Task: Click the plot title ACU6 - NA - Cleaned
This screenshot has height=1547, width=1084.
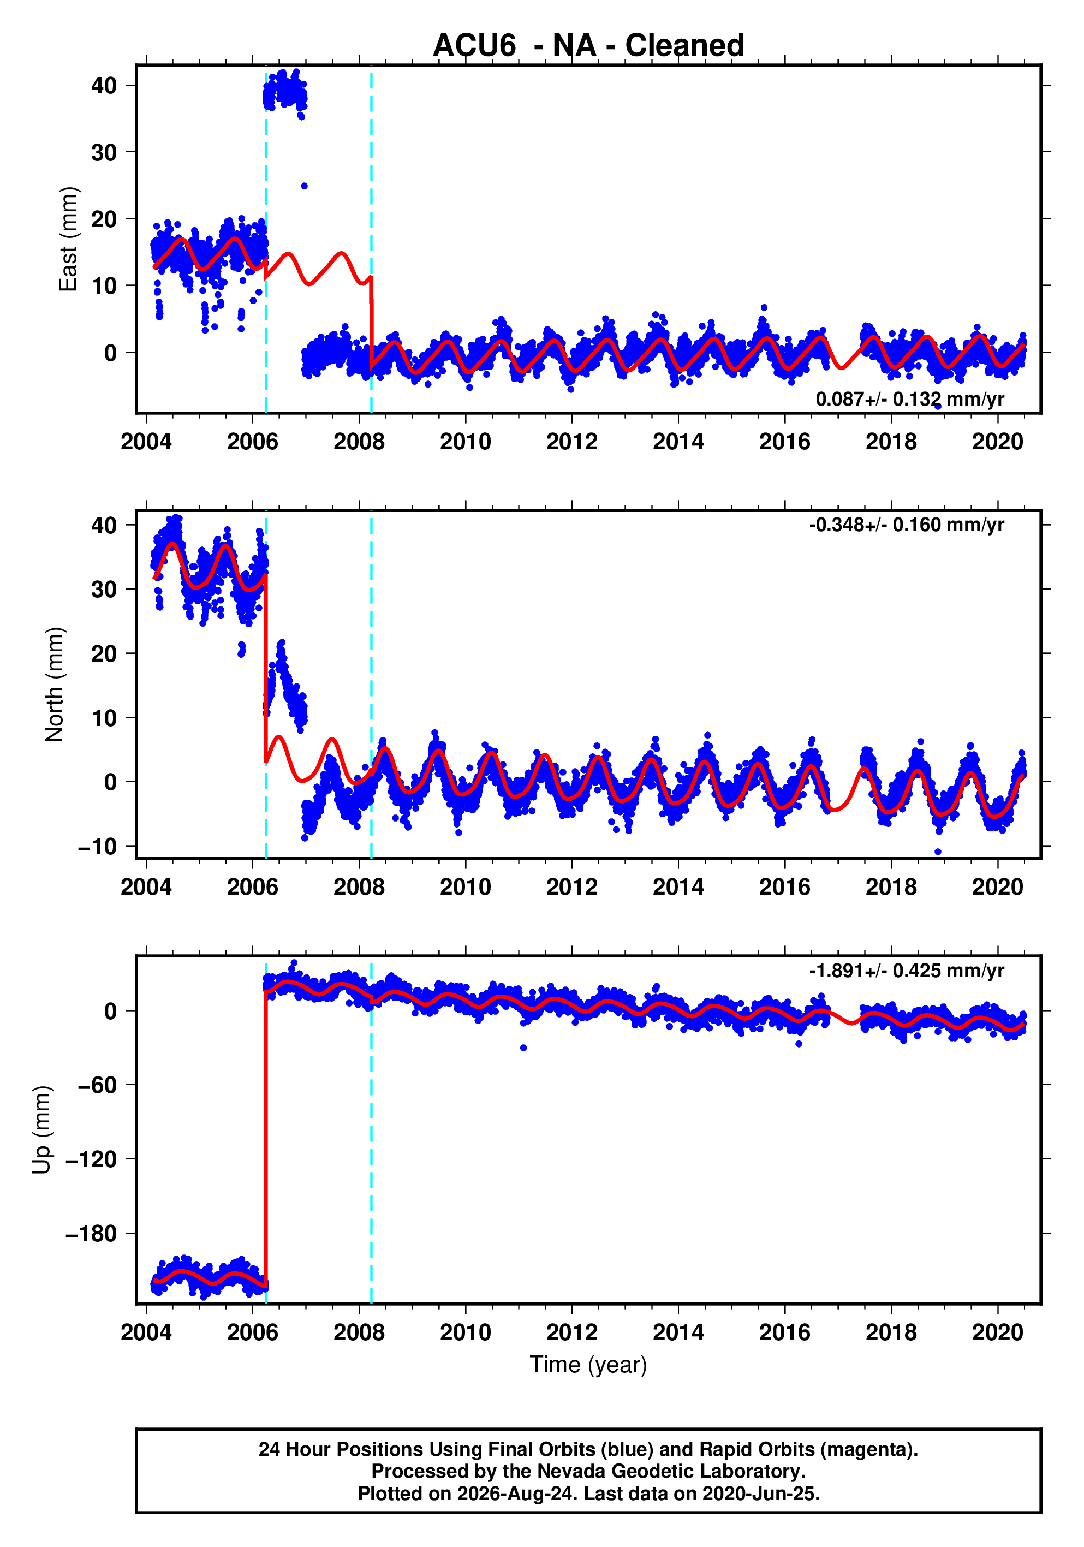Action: (x=588, y=46)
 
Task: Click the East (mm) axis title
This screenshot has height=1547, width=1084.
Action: (x=68, y=239)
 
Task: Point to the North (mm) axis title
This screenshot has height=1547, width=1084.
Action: (x=55, y=685)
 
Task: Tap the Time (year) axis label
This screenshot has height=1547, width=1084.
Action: (x=588, y=1364)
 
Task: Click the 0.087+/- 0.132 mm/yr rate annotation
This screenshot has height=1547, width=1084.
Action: (x=909, y=399)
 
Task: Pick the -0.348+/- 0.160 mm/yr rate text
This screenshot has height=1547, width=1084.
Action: (x=907, y=525)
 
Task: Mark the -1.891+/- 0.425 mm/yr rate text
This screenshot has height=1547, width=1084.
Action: (x=907, y=971)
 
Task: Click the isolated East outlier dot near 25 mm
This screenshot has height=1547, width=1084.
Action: (x=304, y=186)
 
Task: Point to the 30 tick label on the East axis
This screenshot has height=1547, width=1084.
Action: (x=104, y=152)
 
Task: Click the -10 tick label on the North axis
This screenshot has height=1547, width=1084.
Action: (x=98, y=846)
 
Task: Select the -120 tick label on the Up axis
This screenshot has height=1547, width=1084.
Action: (x=92, y=1159)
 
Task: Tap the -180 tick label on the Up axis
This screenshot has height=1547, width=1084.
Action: (x=92, y=1234)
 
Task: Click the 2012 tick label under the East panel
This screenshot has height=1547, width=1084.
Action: (x=572, y=442)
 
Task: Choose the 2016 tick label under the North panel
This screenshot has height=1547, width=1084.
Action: (x=785, y=888)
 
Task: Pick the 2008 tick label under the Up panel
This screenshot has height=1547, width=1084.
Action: (x=359, y=1332)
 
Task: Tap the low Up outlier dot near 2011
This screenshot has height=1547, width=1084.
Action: (x=523, y=1048)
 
